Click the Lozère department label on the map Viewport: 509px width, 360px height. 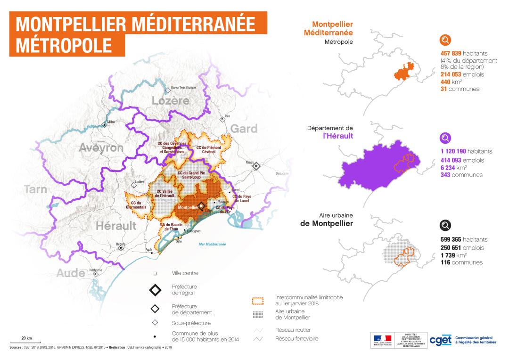[x=170, y=101]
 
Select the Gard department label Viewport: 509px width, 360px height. [x=244, y=129]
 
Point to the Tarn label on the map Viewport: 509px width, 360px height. [x=35, y=190]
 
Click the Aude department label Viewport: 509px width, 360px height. [x=71, y=273]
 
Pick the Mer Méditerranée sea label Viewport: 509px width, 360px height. [x=209, y=244]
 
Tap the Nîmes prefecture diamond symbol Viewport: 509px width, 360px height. [x=256, y=166]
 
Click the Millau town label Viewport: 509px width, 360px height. [x=111, y=122]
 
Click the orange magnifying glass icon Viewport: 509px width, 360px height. [x=445, y=40]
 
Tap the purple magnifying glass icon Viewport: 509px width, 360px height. [x=445, y=138]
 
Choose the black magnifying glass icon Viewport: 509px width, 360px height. [x=445, y=225]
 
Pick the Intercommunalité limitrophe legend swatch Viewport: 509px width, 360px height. [x=257, y=302]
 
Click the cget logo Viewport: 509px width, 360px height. [x=440, y=340]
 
